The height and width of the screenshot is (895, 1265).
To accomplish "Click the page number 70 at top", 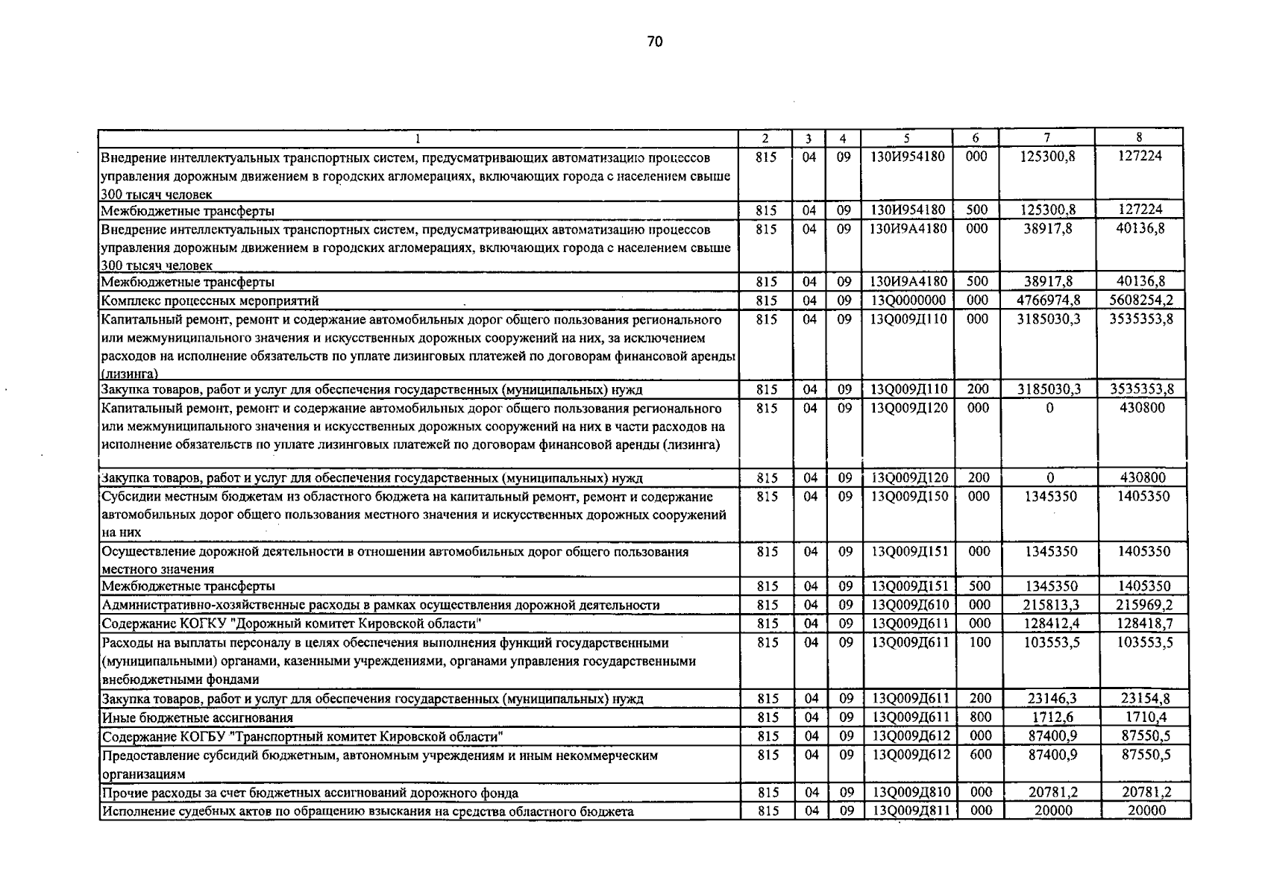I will pos(654,42).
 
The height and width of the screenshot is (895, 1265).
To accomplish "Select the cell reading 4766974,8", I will pos(1049,301).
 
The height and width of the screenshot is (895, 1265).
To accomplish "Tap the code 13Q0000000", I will pos(908,301).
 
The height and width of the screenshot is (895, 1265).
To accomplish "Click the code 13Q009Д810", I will pos(908,793).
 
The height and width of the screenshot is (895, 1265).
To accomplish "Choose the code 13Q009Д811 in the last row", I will pos(908,811).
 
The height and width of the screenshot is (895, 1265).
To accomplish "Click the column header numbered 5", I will pos(906,137).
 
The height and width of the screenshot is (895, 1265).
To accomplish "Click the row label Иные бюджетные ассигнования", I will pos(197,718).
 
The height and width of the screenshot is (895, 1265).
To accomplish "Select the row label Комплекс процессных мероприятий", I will pos(210,301).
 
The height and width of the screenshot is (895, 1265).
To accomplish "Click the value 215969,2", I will pos(1143,605).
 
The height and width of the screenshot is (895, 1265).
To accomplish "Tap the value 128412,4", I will pos(1049,624).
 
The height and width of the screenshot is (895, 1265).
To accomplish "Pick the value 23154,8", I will pos(1145,699).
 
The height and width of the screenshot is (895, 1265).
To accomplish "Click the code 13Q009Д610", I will pos(908,605).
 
